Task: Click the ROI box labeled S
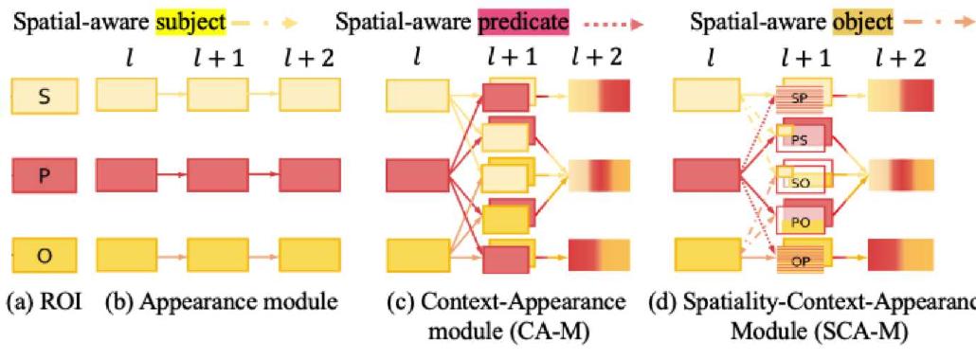tap(44, 97)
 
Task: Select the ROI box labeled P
tap(44, 177)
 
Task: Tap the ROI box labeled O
tap(44, 256)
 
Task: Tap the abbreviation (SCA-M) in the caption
tap(856, 337)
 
